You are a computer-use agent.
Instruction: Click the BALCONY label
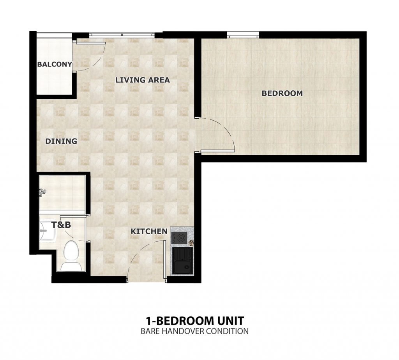point(55,64)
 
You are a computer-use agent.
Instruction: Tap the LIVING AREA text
point(143,80)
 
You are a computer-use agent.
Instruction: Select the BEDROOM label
point(282,93)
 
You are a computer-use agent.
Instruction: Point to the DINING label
point(61,141)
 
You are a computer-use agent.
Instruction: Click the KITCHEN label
point(149,232)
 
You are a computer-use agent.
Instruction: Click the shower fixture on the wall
point(42,192)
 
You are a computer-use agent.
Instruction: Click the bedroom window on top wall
point(243,35)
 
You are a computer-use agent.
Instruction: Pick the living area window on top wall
point(122,35)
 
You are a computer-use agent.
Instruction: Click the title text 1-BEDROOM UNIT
point(195,321)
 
